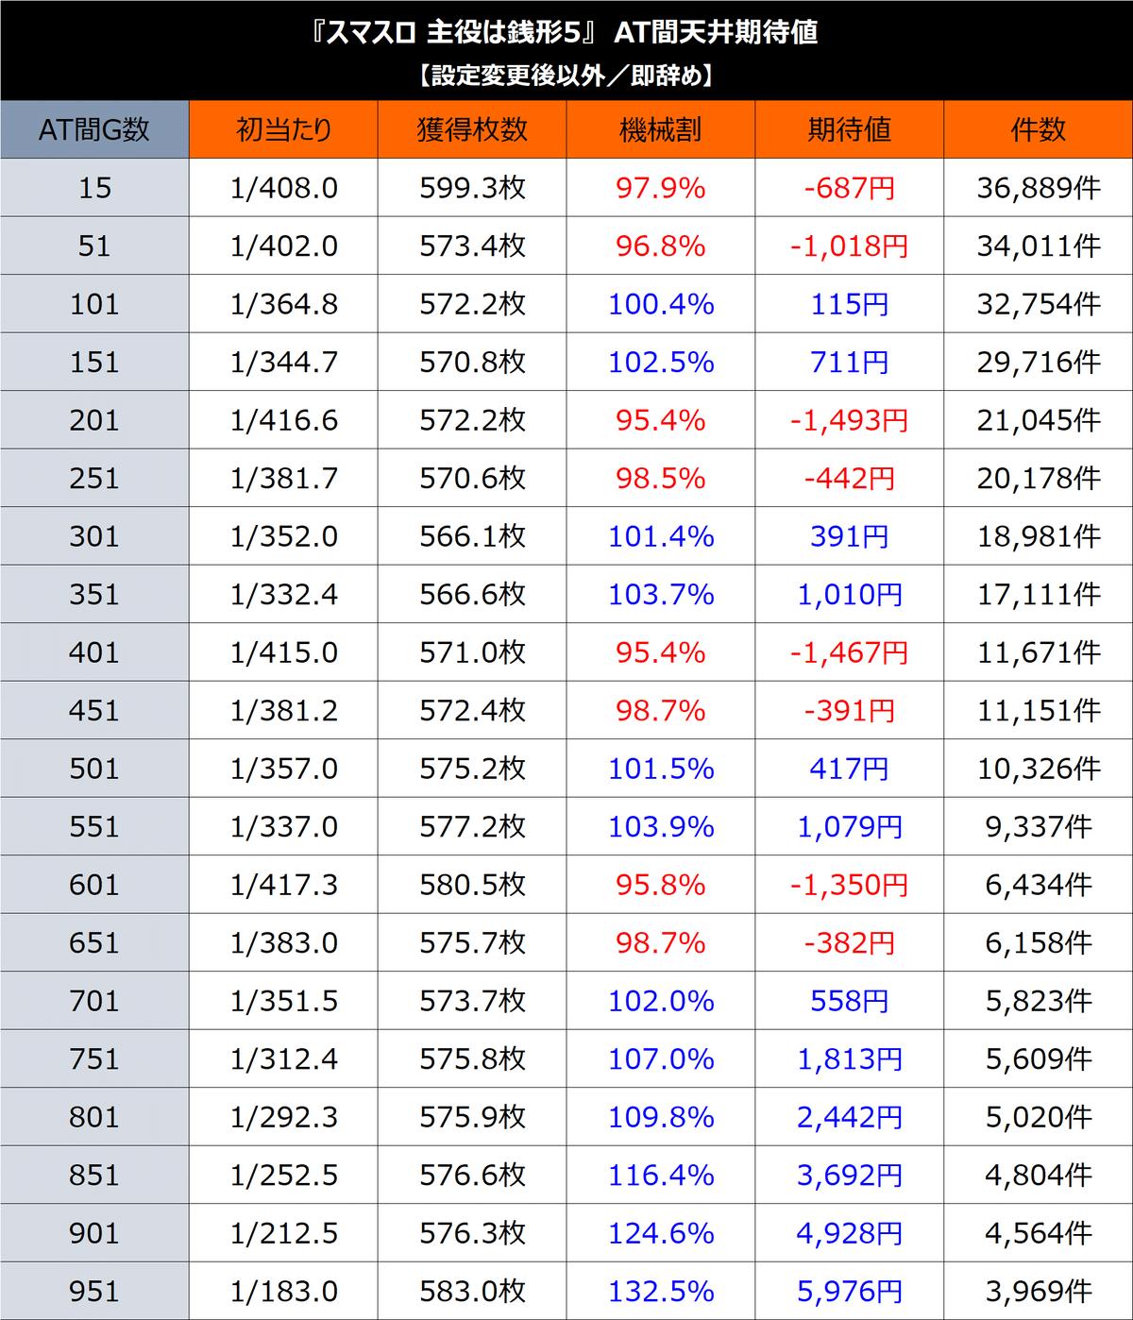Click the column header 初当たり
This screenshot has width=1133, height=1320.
point(283,129)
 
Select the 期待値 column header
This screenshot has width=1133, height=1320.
point(849,129)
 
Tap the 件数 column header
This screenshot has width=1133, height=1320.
point(1038,129)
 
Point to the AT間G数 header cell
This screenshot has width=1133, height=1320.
point(94,129)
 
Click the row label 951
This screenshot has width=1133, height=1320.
point(94,1291)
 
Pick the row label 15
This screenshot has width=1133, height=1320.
point(94,188)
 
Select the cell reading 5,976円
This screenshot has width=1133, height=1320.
point(849,1291)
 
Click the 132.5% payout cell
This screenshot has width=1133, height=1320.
point(661,1291)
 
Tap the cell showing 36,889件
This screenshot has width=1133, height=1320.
point(1038,188)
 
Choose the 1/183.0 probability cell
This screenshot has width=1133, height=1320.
point(283,1291)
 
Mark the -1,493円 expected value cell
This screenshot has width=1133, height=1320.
point(849,420)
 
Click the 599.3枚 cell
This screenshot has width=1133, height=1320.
point(472,188)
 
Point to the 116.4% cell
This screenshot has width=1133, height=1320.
point(661,1175)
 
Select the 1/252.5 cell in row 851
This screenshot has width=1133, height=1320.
point(283,1175)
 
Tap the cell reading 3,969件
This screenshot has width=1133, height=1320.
point(1038,1291)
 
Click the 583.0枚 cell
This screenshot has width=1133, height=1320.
point(472,1291)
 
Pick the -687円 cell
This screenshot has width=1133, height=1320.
point(849,188)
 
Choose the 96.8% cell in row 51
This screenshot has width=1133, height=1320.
point(661,246)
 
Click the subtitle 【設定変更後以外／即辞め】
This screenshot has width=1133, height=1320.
point(566,76)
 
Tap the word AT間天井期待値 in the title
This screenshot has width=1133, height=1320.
point(716,33)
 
